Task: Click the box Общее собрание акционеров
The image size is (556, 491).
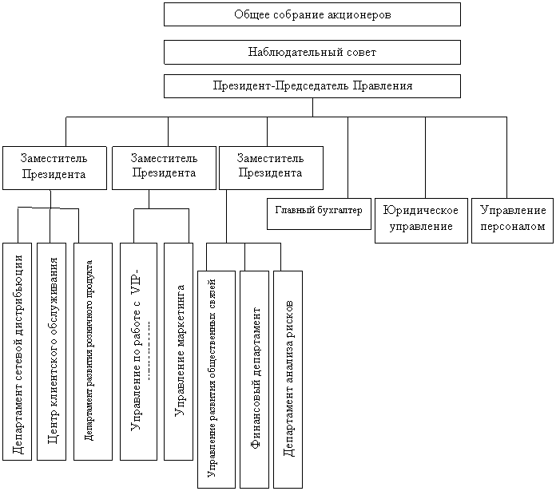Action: [x=312, y=14]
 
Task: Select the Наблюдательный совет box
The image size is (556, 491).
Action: [x=312, y=52]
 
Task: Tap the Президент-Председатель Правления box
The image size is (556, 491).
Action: [x=312, y=85]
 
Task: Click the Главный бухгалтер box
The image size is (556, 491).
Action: [x=319, y=212]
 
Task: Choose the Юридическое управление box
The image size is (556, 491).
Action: [x=420, y=219]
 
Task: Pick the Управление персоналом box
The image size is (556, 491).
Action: [x=513, y=219]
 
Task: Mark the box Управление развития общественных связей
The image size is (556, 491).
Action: [x=215, y=379]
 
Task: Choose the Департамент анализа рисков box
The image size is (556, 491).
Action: [x=288, y=379]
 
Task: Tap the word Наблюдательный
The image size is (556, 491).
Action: [x=292, y=52]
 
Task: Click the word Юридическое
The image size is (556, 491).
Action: [x=420, y=211]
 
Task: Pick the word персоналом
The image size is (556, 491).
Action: [x=513, y=227]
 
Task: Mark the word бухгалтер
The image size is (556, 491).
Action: [x=340, y=212]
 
